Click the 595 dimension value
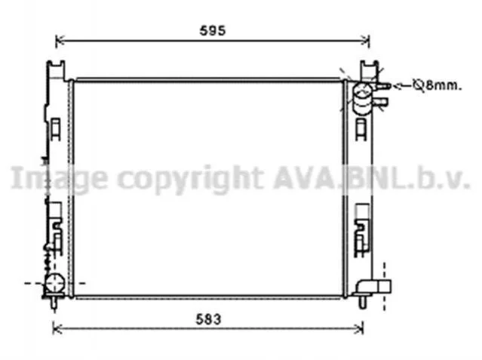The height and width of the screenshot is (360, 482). coord(213,30)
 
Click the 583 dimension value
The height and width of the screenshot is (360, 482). coord(209,319)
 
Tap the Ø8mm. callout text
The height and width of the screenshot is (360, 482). coord(437,85)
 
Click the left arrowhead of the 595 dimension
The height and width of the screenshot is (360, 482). coord(60,40)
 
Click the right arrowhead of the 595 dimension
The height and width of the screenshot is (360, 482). coord(365,40)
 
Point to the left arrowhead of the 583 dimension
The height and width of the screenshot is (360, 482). coord(57,328)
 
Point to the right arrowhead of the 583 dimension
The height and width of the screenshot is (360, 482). coord(359,328)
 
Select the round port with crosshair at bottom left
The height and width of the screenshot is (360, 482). coord(55,283)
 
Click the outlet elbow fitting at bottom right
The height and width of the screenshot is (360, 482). coord(373,287)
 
